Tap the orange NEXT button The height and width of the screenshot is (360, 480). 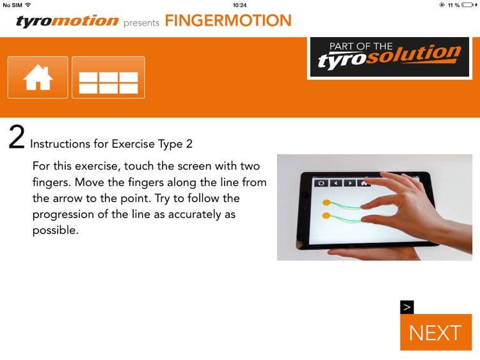[435, 333]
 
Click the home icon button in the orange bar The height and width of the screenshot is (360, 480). [38, 77]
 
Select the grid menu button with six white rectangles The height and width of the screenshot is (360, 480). [108, 77]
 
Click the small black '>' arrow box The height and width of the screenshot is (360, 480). [407, 307]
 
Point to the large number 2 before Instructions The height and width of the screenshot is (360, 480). [17, 137]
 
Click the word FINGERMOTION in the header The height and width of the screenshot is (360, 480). [228, 21]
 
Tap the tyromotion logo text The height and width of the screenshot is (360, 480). [67, 22]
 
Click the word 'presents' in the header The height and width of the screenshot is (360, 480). [141, 24]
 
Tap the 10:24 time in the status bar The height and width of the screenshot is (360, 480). [240, 5]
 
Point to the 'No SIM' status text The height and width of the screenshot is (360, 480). [12, 5]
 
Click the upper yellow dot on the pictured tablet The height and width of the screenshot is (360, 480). [326, 203]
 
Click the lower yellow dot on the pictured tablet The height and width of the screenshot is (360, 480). [326, 216]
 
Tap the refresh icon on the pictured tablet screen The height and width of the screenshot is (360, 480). [321, 183]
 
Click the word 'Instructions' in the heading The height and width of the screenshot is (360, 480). [69, 144]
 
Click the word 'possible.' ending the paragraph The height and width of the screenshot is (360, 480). [56, 230]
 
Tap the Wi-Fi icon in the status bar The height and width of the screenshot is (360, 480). [28, 5]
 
